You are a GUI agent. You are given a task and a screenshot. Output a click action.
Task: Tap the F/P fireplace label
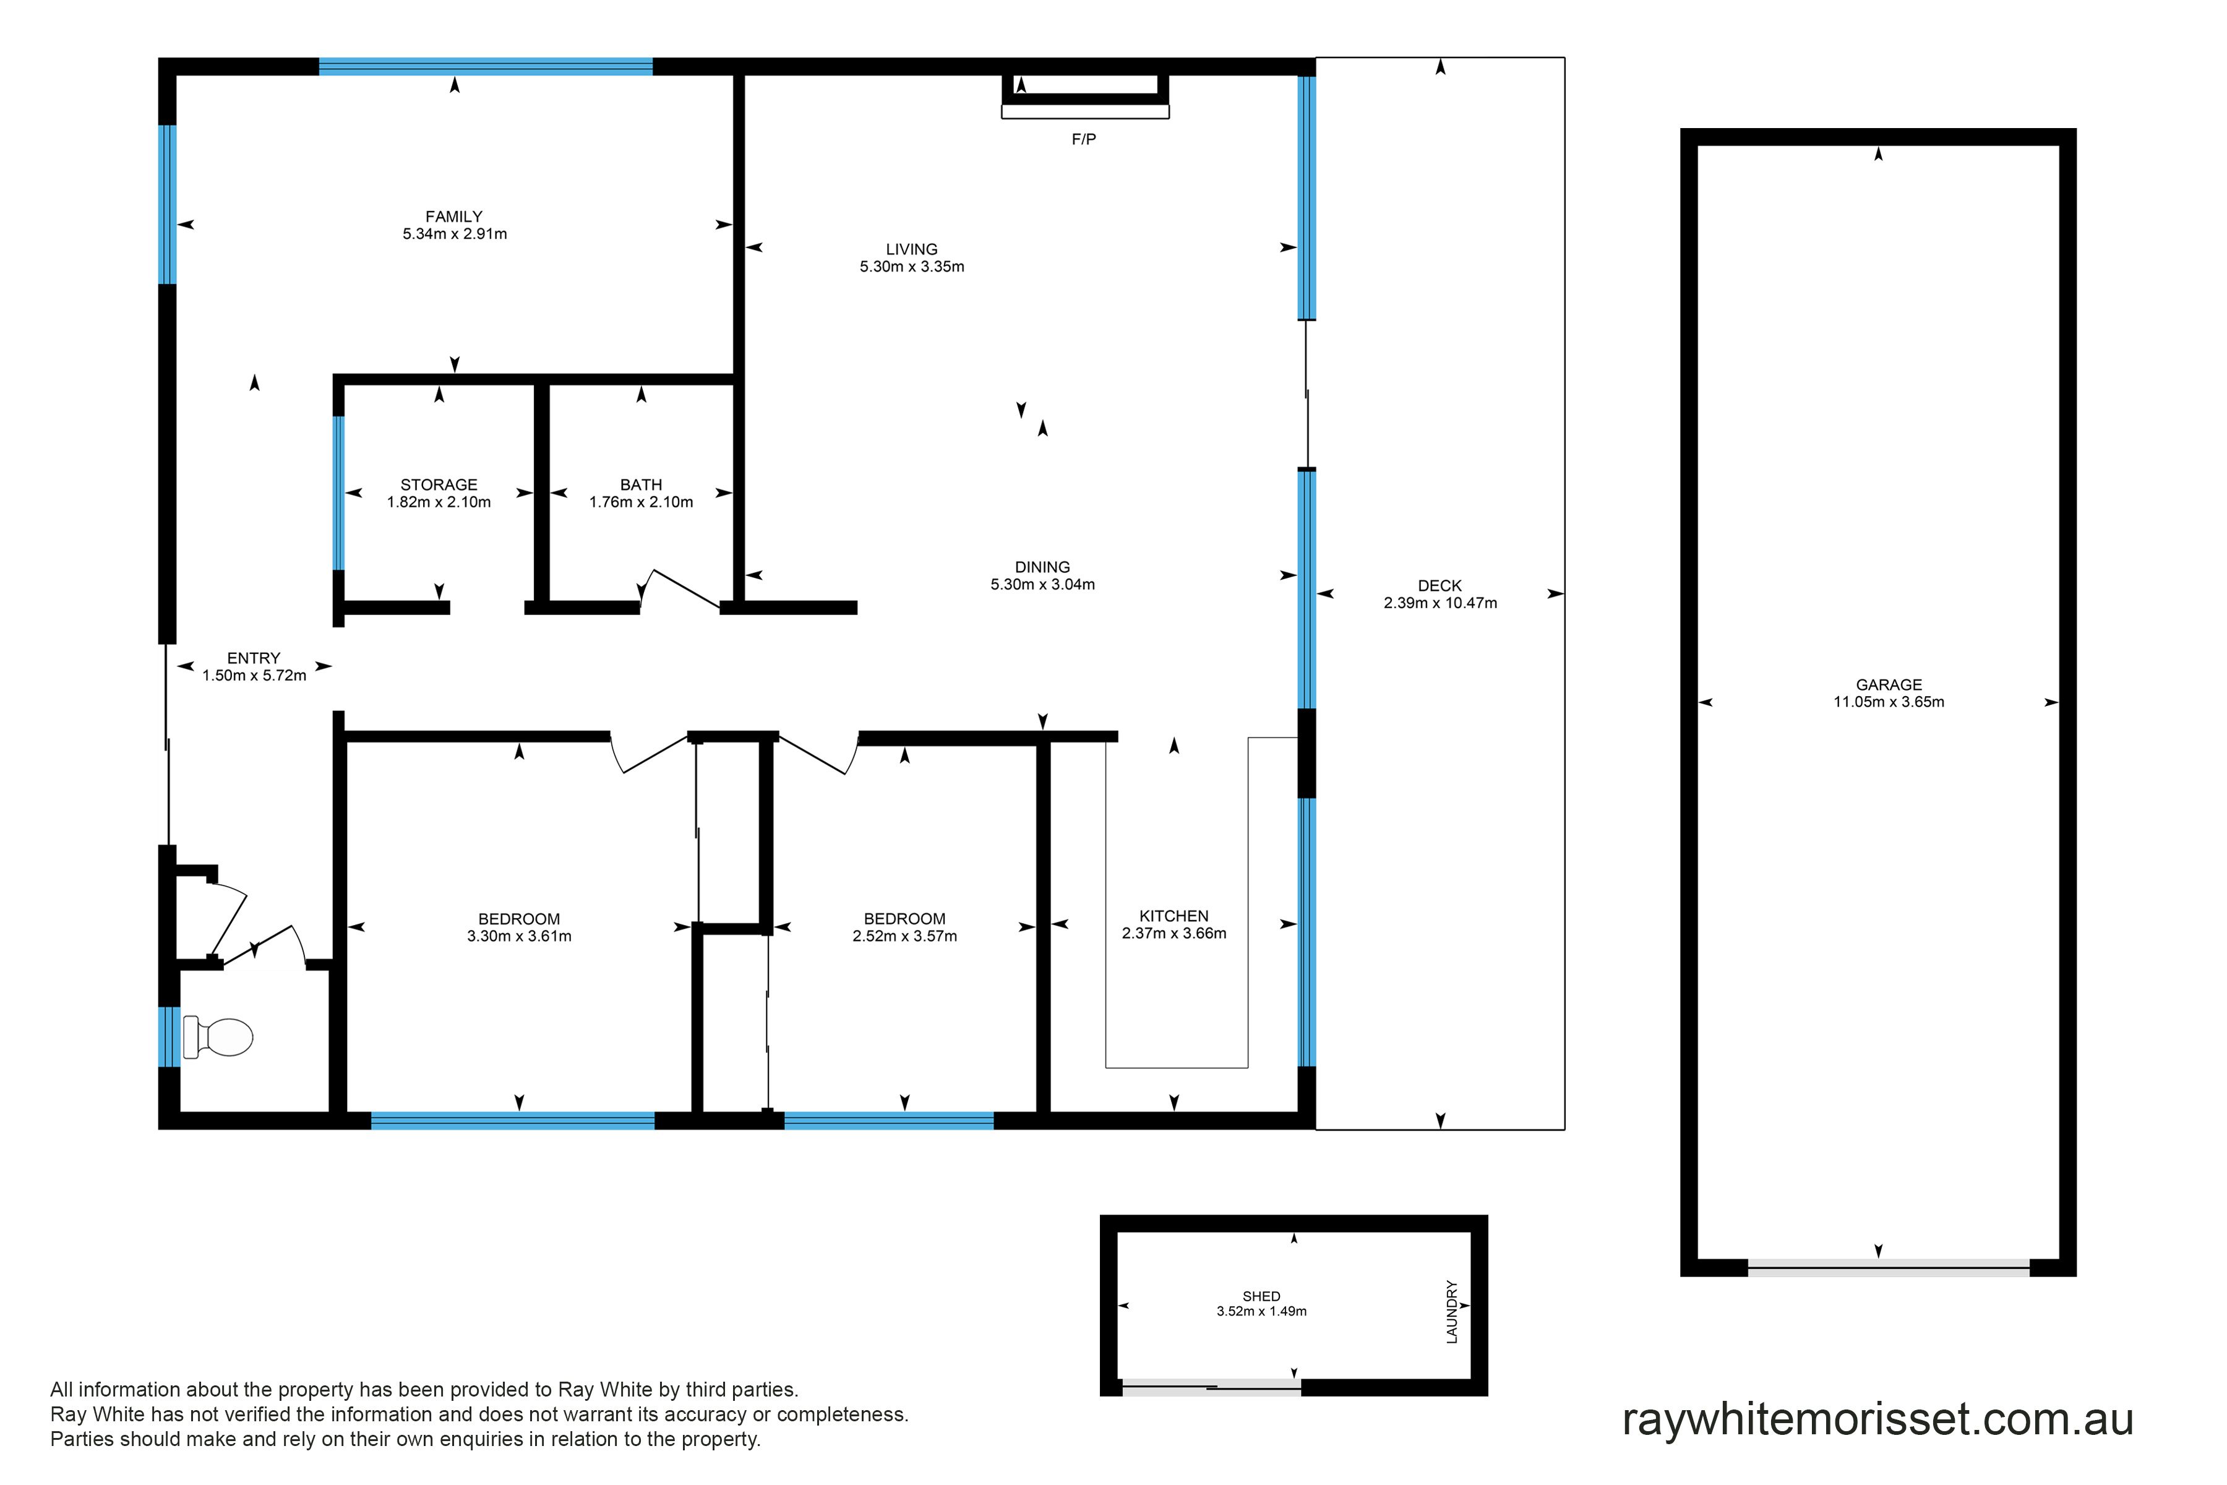click(1084, 139)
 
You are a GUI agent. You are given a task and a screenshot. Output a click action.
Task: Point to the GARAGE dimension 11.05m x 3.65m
click(1889, 702)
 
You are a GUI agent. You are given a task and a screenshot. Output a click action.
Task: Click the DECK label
click(1440, 586)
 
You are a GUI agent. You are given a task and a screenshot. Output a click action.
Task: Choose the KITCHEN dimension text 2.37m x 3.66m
click(1174, 933)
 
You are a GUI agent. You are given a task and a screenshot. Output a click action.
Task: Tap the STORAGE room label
click(439, 485)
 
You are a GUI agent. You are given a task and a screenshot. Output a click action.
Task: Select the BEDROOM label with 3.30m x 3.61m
click(519, 919)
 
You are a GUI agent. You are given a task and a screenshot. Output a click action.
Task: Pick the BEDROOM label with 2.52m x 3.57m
click(904, 919)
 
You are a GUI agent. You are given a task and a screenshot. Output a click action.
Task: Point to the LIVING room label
click(912, 250)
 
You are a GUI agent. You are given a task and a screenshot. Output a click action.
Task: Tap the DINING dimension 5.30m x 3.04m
click(1042, 584)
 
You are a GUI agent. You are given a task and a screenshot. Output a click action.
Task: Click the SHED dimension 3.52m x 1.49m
click(1261, 1312)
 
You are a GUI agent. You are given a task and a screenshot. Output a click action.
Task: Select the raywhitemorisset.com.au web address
click(1877, 1419)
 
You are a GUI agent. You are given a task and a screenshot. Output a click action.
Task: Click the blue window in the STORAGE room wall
click(338, 493)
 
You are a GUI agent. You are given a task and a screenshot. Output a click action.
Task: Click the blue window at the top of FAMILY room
click(486, 66)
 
